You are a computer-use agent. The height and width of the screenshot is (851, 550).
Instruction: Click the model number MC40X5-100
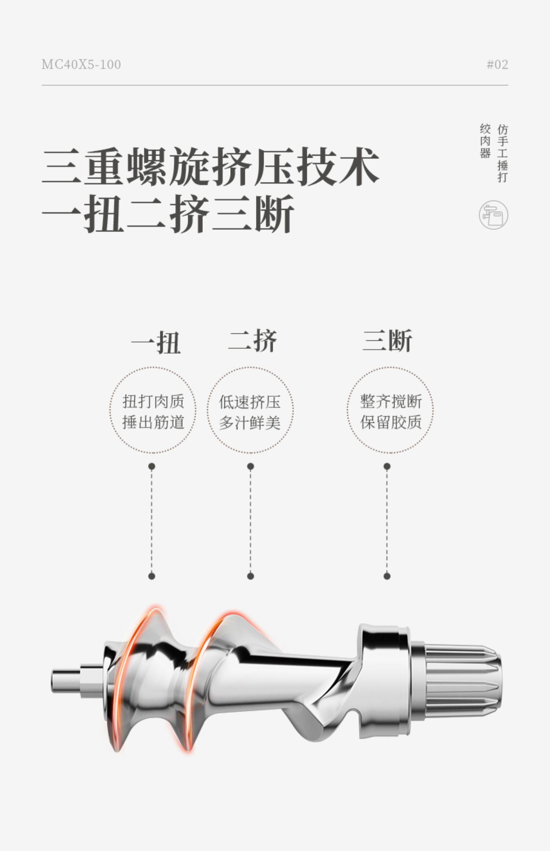(81, 65)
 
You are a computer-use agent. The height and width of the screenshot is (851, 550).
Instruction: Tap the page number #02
(497, 65)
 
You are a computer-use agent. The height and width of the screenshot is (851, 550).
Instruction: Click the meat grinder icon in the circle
(494, 215)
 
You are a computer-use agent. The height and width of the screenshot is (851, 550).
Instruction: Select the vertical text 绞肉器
(485, 141)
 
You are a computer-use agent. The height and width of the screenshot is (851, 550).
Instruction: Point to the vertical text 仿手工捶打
(503, 153)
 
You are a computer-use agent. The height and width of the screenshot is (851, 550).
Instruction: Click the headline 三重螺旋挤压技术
(210, 166)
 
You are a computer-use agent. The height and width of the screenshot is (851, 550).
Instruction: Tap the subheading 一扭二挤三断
(168, 214)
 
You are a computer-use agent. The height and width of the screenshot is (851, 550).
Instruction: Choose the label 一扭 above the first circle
(156, 342)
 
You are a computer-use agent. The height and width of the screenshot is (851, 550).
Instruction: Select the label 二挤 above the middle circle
(253, 340)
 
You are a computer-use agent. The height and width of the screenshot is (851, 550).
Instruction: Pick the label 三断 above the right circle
(388, 340)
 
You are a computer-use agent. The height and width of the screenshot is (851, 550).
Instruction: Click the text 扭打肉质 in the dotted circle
(153, 402)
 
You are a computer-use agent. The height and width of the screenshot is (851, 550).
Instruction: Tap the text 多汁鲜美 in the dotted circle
(250, 423)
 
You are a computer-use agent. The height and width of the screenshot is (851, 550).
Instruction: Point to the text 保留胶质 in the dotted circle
(391, 422)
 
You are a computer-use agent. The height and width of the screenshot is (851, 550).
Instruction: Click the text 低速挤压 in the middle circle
(250, 402)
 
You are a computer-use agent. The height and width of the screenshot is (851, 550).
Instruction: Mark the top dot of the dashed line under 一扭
(152, 467)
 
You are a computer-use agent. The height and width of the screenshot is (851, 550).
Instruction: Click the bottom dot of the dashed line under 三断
(387, 576)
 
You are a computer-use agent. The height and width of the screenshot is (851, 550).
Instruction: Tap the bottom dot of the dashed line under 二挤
(250, 576)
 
